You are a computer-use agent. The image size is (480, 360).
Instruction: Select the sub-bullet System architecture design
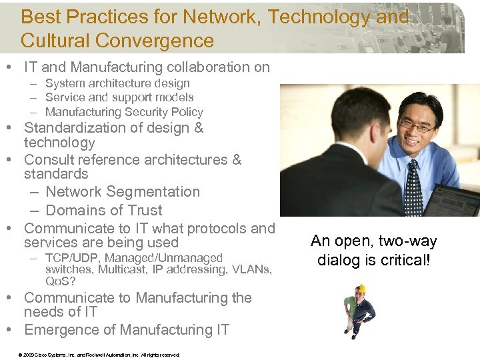point(117,83)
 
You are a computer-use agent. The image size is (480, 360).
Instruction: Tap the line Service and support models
point(119,97)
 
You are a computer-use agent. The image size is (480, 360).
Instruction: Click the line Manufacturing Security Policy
point(124,112)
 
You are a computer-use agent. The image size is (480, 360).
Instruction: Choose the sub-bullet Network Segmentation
point(123,191)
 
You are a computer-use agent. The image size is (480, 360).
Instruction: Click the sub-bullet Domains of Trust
point(104,210)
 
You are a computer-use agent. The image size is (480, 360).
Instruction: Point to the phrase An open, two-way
point(374,241)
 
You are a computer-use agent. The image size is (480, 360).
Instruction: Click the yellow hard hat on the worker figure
point(361,289)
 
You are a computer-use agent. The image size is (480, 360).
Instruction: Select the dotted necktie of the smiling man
point(413,187)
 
